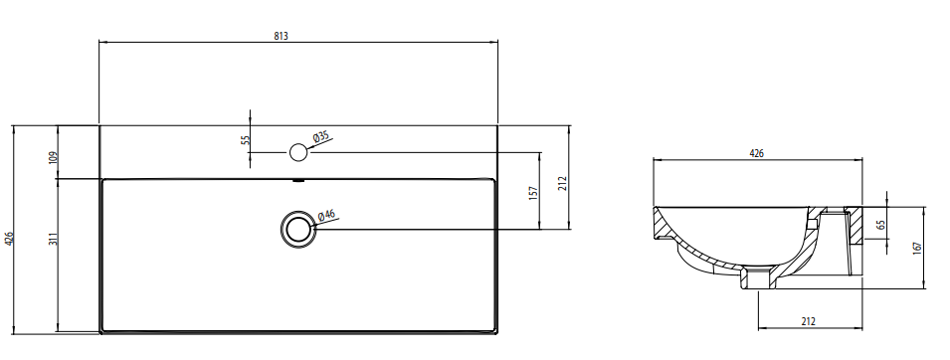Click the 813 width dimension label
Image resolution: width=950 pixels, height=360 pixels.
click(281, 36)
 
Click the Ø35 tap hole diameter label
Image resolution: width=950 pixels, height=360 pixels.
click(321, 137)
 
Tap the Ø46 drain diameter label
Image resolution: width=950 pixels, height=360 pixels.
click(326, 215)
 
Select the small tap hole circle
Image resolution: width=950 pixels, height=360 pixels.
click(298, 152)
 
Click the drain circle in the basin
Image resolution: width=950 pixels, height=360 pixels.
click(298, 229)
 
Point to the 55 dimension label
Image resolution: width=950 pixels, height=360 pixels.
click(245, 139)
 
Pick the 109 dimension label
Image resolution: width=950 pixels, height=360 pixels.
click(52, 157)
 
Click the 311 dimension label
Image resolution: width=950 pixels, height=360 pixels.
click(52, 239)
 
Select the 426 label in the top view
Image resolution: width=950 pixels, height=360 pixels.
click(8, 239)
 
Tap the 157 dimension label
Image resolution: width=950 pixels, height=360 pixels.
click(533, 193)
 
